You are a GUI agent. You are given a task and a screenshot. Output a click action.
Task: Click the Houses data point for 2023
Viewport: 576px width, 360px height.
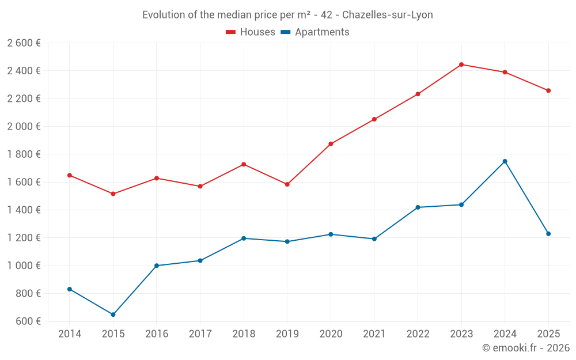(461, 65)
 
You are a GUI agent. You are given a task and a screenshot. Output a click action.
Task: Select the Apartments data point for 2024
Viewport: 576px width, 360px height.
(505, 161)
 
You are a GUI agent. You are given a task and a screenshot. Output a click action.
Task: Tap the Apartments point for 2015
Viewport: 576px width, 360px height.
(113, 314)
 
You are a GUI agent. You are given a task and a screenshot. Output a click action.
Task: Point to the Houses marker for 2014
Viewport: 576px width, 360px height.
(70, 175)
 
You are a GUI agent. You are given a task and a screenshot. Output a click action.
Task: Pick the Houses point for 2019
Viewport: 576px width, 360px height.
(287, 184)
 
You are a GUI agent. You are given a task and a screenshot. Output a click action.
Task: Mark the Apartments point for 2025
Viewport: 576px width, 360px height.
(548, 234)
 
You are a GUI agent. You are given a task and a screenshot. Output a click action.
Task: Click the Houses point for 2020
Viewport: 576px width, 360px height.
(331, 144)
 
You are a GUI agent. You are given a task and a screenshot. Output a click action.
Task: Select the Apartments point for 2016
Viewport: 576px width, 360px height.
(157, 266)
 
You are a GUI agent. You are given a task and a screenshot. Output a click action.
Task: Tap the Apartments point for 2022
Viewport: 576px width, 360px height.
(418, 207)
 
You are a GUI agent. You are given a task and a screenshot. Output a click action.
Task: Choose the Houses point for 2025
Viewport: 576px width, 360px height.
(548, 90)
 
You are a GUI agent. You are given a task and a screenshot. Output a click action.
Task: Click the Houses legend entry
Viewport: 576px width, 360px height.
(251, 32)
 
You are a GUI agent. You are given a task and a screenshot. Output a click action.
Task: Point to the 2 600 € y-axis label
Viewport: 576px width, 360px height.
(24, 43)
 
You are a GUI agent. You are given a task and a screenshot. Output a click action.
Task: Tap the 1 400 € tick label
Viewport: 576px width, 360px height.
(24, 210)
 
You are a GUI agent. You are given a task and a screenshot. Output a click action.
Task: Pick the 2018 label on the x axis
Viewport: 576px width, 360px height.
(244, 334)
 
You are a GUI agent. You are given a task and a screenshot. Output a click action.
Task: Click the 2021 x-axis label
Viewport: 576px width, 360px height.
(374, 334)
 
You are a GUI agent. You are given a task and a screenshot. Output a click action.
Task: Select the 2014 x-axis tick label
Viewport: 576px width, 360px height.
(70, 334)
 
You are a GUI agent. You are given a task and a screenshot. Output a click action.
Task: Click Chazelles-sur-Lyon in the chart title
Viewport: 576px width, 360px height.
(387, 15)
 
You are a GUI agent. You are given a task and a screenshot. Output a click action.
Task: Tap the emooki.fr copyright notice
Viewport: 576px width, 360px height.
(526, 348)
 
